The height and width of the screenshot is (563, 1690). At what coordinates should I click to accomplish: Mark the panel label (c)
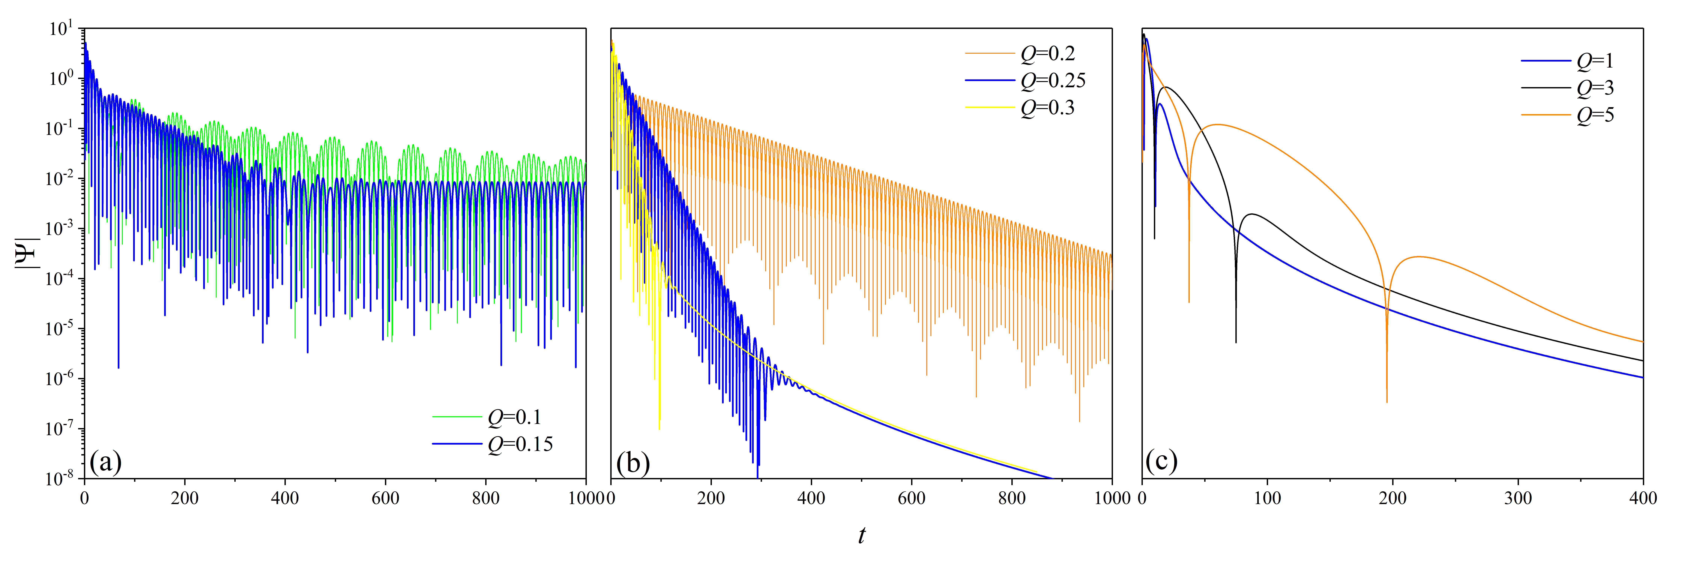point(1161,461)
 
